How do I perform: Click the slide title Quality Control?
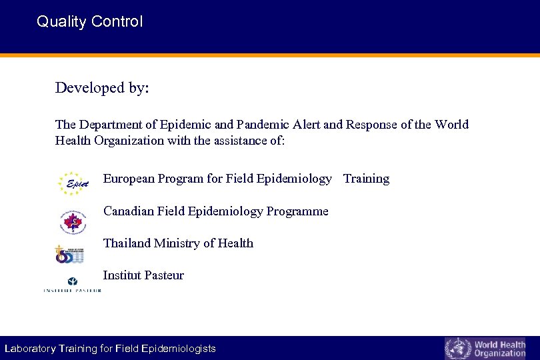click(x=89, y=21)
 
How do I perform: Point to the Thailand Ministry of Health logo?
click(x=69, y=253)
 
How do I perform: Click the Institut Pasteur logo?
click(x=72, y=285)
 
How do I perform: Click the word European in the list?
click(x=128, y=179)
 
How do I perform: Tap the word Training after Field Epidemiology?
click(x=366, y=179)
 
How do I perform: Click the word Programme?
click(x=297, y=211)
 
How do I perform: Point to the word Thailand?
click(x=127, y=243)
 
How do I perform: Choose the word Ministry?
click(x=178, y=243)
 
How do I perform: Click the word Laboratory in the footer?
click(x=30, y=349)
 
